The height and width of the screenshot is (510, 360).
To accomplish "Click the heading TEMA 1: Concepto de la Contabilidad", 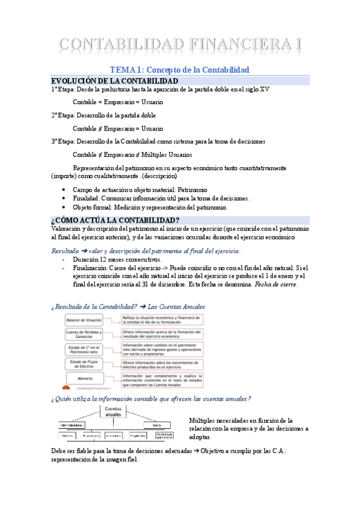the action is [x=179, y=70].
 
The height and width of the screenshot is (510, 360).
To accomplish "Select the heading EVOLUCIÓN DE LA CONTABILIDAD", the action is [x=114, y=81].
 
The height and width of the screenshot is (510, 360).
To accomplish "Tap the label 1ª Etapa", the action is [x=63, y=90].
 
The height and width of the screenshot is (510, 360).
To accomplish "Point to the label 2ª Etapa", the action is [x=63, y=115].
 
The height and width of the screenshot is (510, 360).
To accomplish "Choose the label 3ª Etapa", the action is [x=63, y=141].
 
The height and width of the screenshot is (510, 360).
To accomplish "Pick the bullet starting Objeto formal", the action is [x=150, y=207].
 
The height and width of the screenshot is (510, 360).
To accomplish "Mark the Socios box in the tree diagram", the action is [x=157, y=425].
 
